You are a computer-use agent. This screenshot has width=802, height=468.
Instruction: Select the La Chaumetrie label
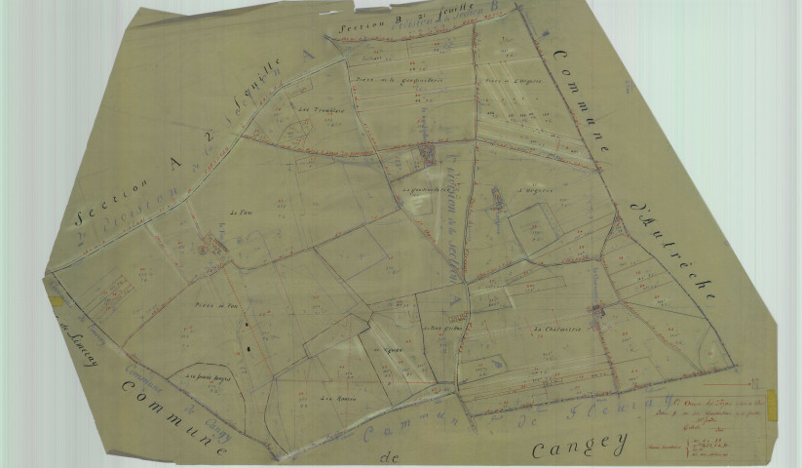557,330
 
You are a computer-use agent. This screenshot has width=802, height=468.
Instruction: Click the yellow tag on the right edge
772,402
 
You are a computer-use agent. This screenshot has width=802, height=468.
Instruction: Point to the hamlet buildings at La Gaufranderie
427,152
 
